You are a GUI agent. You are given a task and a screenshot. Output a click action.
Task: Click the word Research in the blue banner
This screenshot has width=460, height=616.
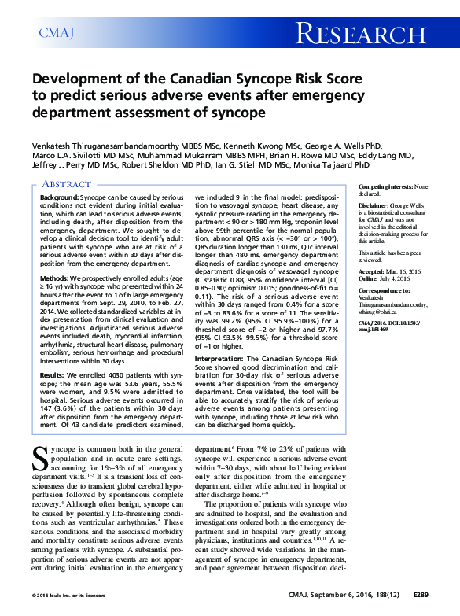(362, 33)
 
